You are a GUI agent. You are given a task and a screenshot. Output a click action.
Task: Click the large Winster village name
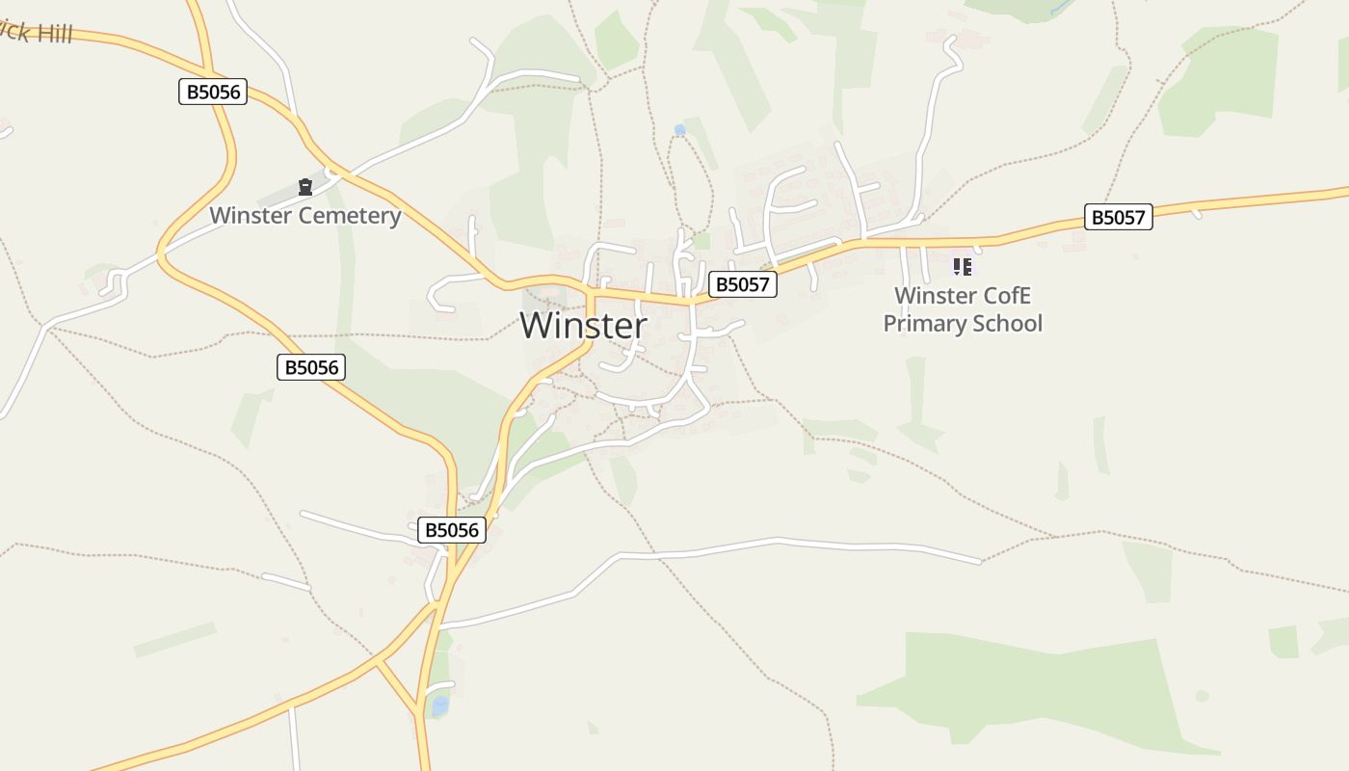click(583, 326)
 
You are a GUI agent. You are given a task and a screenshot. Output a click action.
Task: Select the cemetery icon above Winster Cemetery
click(305, 187)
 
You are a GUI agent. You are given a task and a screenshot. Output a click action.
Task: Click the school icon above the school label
click(962, 266)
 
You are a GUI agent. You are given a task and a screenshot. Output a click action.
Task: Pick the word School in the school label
click(1006, 323)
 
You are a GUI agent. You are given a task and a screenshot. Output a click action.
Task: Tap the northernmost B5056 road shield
click(213, 92)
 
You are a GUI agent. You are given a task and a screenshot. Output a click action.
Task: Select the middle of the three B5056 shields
click(310, 366)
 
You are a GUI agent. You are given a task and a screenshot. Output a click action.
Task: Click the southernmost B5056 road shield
click(452, 529)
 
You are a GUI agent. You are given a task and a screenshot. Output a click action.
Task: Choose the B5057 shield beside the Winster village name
click(742, 284)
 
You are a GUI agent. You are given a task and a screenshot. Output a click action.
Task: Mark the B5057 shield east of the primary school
click(1118, 217)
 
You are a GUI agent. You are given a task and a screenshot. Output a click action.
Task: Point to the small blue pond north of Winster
click(679, 129)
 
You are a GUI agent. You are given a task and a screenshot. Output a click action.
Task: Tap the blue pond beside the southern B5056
click(439, 707)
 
